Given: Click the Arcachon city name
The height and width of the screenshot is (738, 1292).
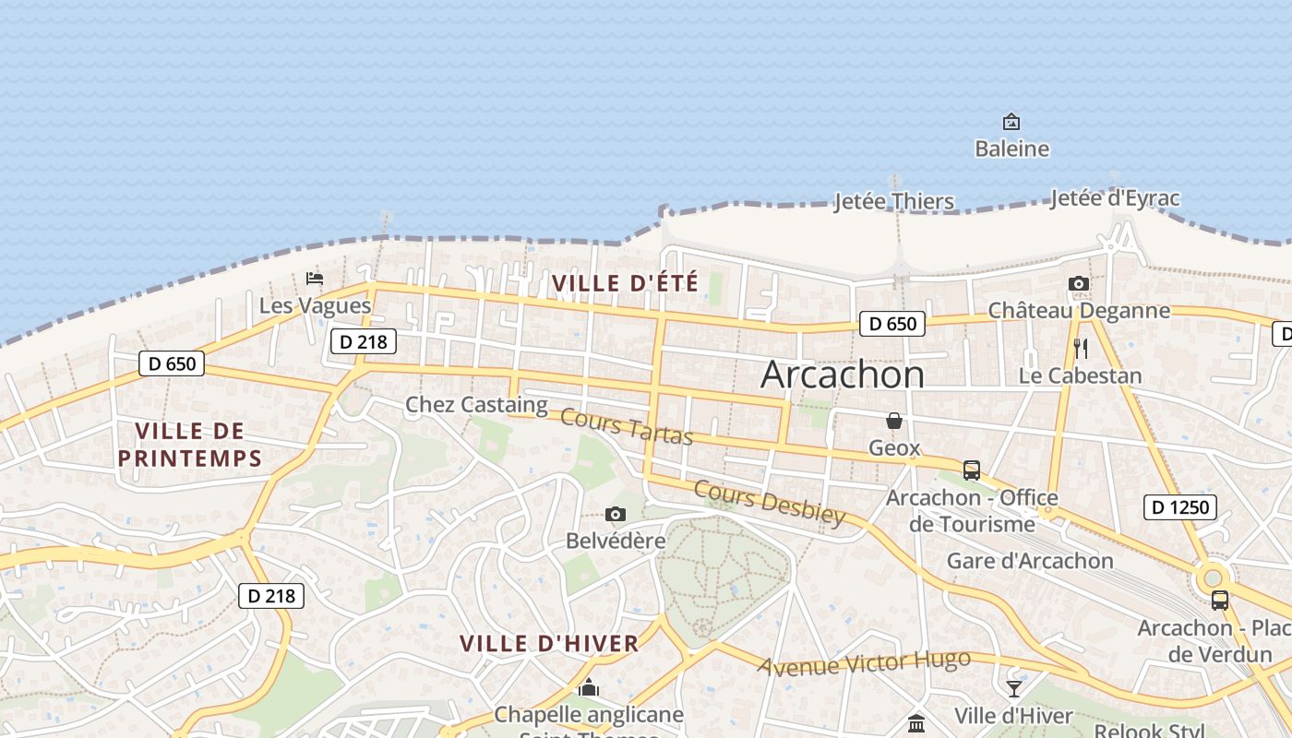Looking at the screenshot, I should [x=842, y=375].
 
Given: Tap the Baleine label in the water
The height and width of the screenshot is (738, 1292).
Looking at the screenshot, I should [x=1011, y=149].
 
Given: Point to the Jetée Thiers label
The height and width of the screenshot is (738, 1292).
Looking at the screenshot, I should [x=893, y=201].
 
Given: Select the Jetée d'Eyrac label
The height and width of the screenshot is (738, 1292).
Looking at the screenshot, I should [x=1114, y=198].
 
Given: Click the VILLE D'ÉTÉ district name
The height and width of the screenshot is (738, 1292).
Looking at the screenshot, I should [x=625, y=283].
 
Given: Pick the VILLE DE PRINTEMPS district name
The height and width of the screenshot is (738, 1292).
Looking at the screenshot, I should [x=190, y=444].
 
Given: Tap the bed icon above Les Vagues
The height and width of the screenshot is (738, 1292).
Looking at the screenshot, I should [x=315, y=278].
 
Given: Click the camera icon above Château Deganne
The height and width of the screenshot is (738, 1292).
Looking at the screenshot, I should [x=1078, y=284].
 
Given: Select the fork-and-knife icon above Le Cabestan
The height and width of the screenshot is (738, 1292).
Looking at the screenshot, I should [x=1081, y=349].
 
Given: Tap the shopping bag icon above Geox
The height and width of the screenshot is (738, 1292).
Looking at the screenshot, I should [x=894, y=422].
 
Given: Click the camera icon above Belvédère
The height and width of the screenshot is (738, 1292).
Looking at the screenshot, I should [x=616, y=514].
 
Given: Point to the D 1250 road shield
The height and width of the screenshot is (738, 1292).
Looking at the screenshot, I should [x=1180, y=506].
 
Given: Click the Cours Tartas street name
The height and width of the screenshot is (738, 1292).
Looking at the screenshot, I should [x=627, y=427].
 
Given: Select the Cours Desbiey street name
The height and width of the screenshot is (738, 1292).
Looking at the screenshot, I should [x=769, y=503].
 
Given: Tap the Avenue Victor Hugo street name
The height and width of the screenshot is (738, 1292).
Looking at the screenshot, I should [x=864, y=662].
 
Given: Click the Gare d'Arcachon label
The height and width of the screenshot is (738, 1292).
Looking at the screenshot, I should [x=1030, y=561].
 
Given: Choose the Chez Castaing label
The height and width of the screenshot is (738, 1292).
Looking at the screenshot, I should [x=476, y=404].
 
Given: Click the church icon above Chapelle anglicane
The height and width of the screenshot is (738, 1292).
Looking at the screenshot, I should [x=589, y=687].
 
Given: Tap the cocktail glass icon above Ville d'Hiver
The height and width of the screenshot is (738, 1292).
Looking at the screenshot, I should [x=1014, y=688].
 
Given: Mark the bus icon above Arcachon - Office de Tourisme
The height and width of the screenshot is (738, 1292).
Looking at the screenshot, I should [x=971, y=470].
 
